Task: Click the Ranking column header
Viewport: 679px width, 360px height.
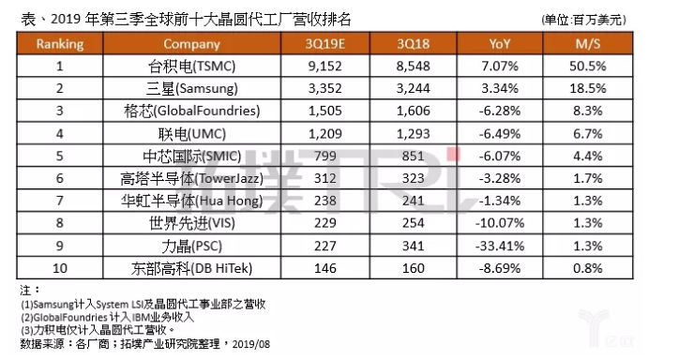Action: click(59, 43)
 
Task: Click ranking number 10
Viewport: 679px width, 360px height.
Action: click(59, 266)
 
